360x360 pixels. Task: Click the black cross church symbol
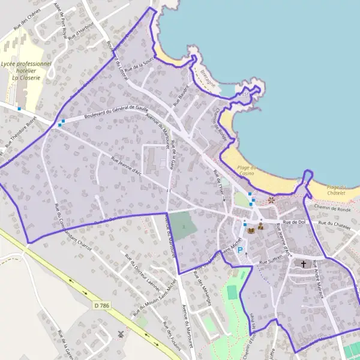(x=304, y=264)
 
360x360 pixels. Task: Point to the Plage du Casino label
(x=247, y=170)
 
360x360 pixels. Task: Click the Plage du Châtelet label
(x=337, y=190)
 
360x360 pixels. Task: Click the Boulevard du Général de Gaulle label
(x=116, y=112)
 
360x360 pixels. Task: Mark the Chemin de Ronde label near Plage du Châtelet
(x=335, y=208)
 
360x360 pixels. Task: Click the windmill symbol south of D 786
(x=122, y=334)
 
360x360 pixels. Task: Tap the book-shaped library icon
(x=251, y=229)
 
